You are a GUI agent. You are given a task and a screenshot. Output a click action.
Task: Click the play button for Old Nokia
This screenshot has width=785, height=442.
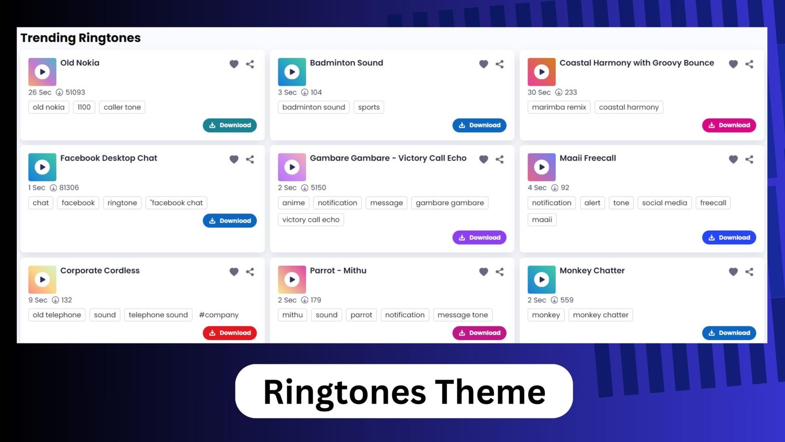pos(42,72)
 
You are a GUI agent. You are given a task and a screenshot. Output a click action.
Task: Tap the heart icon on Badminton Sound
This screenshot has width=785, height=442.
pos(483,64)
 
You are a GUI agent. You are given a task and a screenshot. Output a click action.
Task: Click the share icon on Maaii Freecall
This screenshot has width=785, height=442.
pos(749,159)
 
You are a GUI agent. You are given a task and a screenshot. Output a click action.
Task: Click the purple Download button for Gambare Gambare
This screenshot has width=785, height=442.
pos(479,238)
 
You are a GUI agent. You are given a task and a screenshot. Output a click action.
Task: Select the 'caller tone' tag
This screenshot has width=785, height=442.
pos(122,107)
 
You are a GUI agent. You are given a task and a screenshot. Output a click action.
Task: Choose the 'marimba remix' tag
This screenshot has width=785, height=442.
pos(559,107)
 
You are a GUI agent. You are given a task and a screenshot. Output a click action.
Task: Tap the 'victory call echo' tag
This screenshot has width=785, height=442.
pos(311,220)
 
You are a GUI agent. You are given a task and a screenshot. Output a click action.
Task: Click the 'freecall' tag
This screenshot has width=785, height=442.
pos(713,203)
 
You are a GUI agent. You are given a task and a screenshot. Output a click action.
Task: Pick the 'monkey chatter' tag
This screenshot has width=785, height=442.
pos(601,315)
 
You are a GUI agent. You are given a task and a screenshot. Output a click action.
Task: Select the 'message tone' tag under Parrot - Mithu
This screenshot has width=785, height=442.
pos(463,315)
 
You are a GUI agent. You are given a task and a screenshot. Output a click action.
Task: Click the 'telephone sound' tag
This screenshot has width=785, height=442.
pos(158,315)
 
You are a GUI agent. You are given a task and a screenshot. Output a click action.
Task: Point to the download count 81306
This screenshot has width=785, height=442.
pos(69,188)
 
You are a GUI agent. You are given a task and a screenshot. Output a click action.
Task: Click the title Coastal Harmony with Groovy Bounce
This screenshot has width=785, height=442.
pos(636,63)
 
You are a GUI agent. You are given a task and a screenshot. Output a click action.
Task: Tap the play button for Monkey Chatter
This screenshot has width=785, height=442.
pos(542,279)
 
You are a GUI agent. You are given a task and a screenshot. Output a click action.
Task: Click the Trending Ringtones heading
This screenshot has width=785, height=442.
pos(80,38)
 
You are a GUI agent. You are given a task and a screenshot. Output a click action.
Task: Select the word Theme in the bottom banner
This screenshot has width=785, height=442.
pos(490,391)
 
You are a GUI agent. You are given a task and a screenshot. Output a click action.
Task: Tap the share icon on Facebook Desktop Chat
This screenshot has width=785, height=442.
pos(250,159)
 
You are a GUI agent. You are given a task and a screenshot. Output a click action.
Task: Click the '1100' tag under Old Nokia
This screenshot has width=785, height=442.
pos(84,107)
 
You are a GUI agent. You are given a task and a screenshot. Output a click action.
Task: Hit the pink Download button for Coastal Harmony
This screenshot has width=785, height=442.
pos(729,125)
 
